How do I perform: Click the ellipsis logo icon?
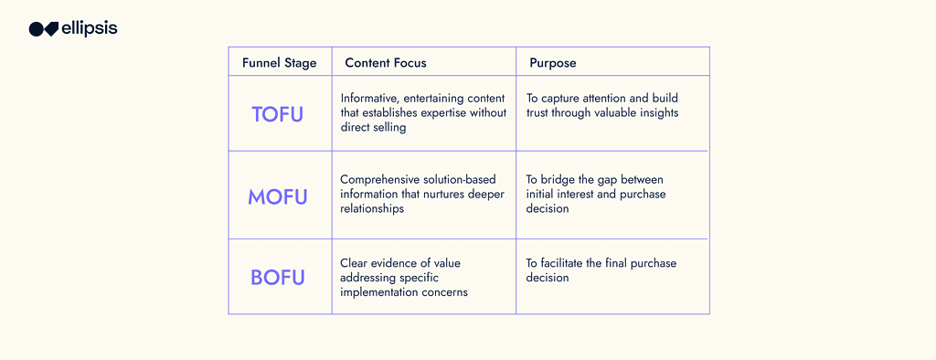click(x=44, y=29)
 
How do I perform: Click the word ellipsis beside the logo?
click(x=90, y=28)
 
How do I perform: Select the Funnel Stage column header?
click(x=280, y=63)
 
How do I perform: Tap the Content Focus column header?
click(x=386, y=63)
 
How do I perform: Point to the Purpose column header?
click(x=553, y=63)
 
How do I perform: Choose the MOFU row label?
click(x=279, y=196)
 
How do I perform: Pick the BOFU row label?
click(x=278, y=278)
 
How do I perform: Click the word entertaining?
click(x=436, y=99)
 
